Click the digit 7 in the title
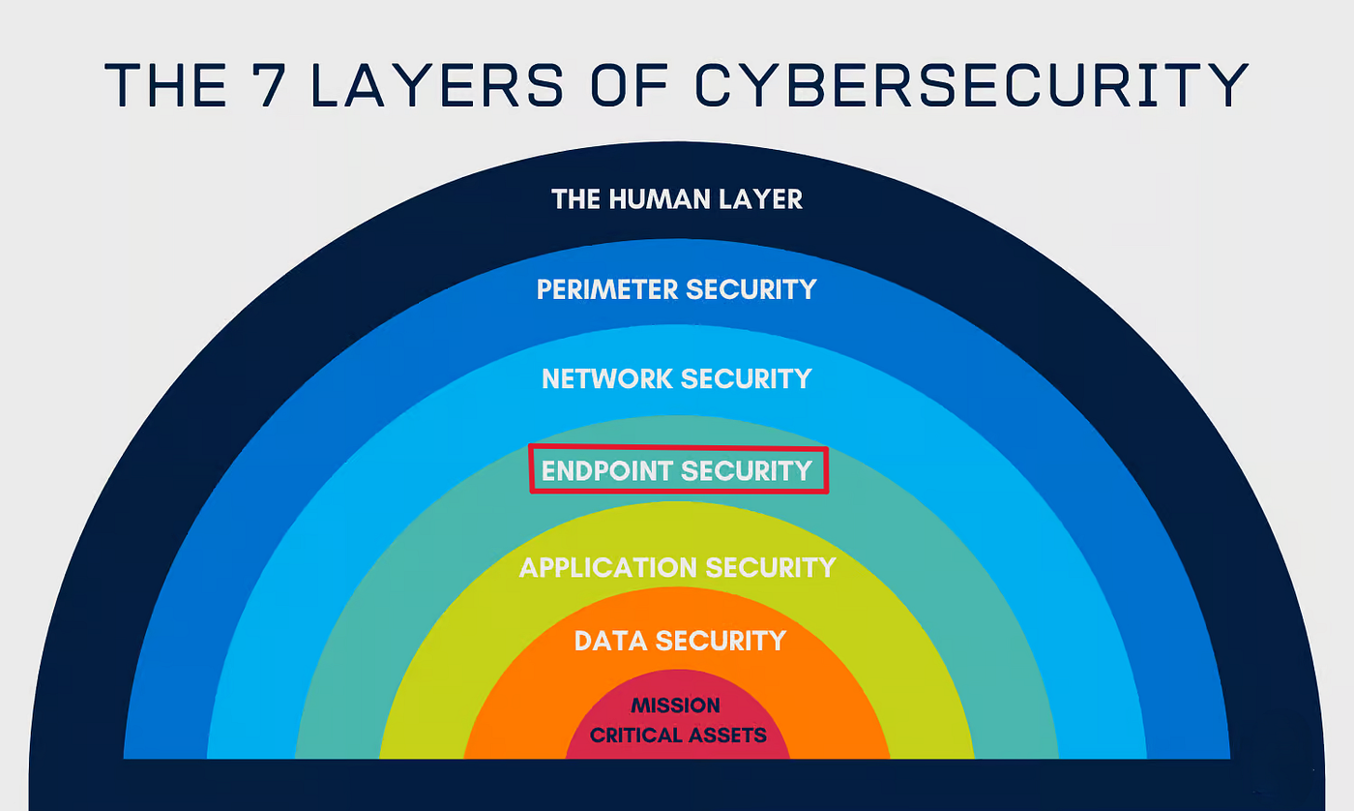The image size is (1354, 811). [x=268, y=84]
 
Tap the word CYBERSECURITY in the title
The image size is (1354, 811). [x=972, y=84]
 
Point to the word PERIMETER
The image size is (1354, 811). [x=607, y=289]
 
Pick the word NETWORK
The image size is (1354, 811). [x=607, y=378]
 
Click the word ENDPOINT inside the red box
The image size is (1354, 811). [x=607, y=470]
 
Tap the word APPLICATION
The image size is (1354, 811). [x=608, y=567]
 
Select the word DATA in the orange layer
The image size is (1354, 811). [x=610, y=641]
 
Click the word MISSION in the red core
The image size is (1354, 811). [x=675, y=705]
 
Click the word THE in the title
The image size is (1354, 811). [x=165, y=84]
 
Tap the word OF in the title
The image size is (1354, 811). [x=629, y=84]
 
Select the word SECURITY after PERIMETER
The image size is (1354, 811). [x=751, y=289]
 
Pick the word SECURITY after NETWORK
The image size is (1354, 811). [x=747, y=378]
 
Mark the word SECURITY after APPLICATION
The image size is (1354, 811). [x=771, y=567]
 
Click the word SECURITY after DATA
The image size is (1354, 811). [x=721, y=641]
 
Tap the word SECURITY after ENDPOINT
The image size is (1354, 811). [x=747, y=470]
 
